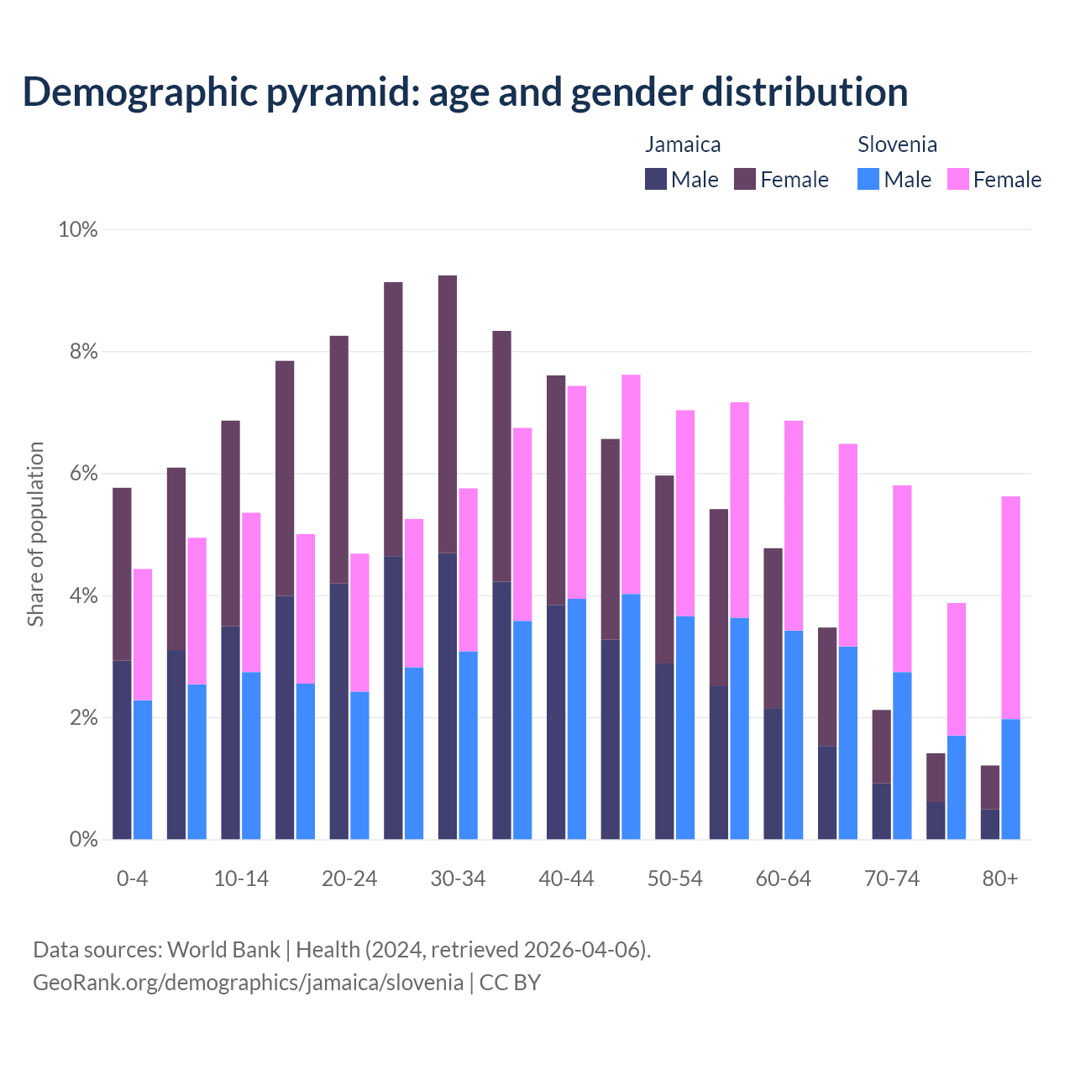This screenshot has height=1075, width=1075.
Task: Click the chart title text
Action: click(464, 92)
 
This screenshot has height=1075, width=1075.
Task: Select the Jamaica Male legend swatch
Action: click(656, 179)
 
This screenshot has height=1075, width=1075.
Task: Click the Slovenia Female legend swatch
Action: click(958, 179)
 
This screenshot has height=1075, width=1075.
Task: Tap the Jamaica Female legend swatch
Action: click(745, 179)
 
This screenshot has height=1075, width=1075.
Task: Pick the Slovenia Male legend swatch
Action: click(868, 179)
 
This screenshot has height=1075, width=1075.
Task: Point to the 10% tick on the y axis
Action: click(77, 229)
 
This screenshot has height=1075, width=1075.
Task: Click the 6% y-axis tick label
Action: click(82, 474)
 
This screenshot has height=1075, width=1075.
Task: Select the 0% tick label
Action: click(82, 839)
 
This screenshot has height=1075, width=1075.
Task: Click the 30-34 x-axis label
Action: click(458, 878)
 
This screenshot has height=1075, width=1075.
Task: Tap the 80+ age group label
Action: click(1000, 878)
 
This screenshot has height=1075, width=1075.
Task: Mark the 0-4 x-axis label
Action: click(132, 878)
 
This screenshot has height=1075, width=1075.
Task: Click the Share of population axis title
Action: click(35, 534)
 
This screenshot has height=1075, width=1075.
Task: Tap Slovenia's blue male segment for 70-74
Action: click(902, 755)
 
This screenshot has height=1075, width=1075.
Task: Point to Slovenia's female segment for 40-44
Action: click(577, 492)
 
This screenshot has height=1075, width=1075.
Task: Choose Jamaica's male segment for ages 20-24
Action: click(338, 711)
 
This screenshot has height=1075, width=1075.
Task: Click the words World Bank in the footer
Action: click(223, 950)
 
